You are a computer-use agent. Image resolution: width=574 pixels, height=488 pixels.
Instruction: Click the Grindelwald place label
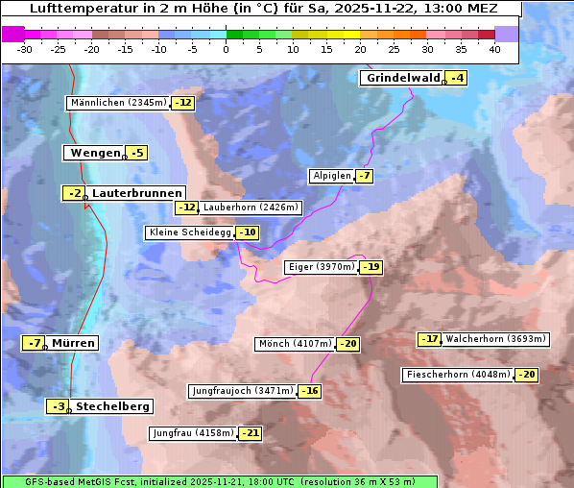402,78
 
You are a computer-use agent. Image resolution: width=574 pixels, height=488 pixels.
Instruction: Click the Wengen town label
94,153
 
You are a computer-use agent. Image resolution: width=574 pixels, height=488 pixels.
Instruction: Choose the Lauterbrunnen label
136,193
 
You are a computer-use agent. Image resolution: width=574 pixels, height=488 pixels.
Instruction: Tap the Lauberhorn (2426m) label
251,207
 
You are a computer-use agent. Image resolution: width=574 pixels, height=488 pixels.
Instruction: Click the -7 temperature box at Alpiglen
364,176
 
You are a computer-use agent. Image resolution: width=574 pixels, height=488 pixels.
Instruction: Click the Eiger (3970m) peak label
322,267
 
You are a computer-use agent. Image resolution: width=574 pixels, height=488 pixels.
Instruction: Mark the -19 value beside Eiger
371,268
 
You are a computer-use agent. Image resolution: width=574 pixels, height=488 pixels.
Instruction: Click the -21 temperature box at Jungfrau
250,433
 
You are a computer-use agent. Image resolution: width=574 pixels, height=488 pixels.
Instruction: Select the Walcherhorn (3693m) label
496,339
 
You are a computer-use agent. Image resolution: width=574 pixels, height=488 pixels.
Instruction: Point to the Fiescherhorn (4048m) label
458,375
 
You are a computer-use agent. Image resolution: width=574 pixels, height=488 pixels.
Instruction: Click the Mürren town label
73,343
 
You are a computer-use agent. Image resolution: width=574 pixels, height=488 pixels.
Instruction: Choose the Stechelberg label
112,406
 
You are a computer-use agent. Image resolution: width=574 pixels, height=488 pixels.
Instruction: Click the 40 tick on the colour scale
494,49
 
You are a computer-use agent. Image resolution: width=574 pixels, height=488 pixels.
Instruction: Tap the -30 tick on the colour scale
25,49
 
